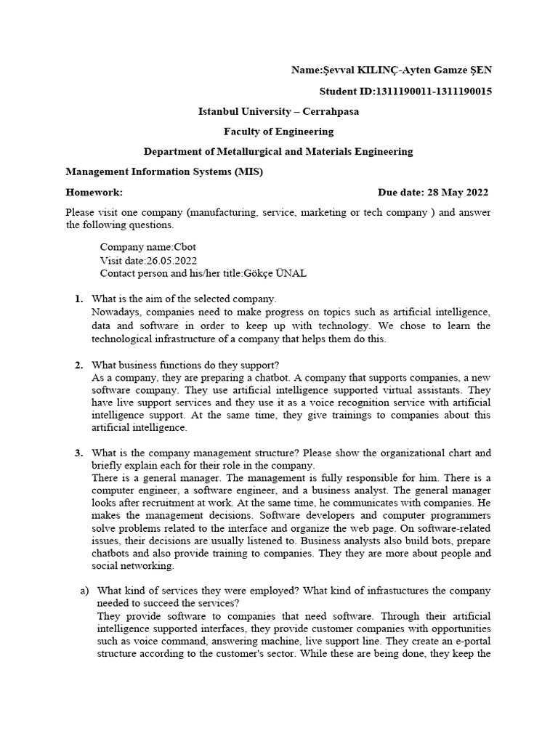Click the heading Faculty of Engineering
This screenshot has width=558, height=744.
[x=278, y=132]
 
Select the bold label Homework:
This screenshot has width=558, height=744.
[x=94, y=193]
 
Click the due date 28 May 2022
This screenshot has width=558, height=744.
[x=454, y=193]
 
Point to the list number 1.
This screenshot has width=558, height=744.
[x=78, y=299]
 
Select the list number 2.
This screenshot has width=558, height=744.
[x=78, y=365]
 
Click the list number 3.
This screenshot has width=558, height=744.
[x=78, y=453]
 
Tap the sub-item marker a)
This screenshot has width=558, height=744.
[x=84, y=591]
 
